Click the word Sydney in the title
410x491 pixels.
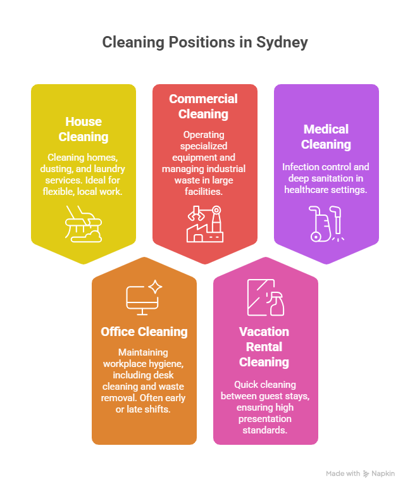tap(282, 43)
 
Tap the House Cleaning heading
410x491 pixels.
tap(84, 129)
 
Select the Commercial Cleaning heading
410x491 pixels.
tap(203, 106)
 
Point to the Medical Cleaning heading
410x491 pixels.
tap(326, 137)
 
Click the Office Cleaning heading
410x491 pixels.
tap(144, 332)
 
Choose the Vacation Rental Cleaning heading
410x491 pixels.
tap(264, 347)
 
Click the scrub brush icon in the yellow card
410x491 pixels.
tap(84, 224)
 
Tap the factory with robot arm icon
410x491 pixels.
tap(205, 224)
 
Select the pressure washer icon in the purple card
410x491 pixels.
tap(326, 224)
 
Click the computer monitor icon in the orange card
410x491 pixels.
tap(142, 301)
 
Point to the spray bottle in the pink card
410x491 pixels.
tap(276, 303)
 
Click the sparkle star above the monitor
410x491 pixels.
tap(155, 287)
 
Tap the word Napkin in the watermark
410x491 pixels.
tap(383, 473)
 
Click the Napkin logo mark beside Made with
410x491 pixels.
tap(366, 474)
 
